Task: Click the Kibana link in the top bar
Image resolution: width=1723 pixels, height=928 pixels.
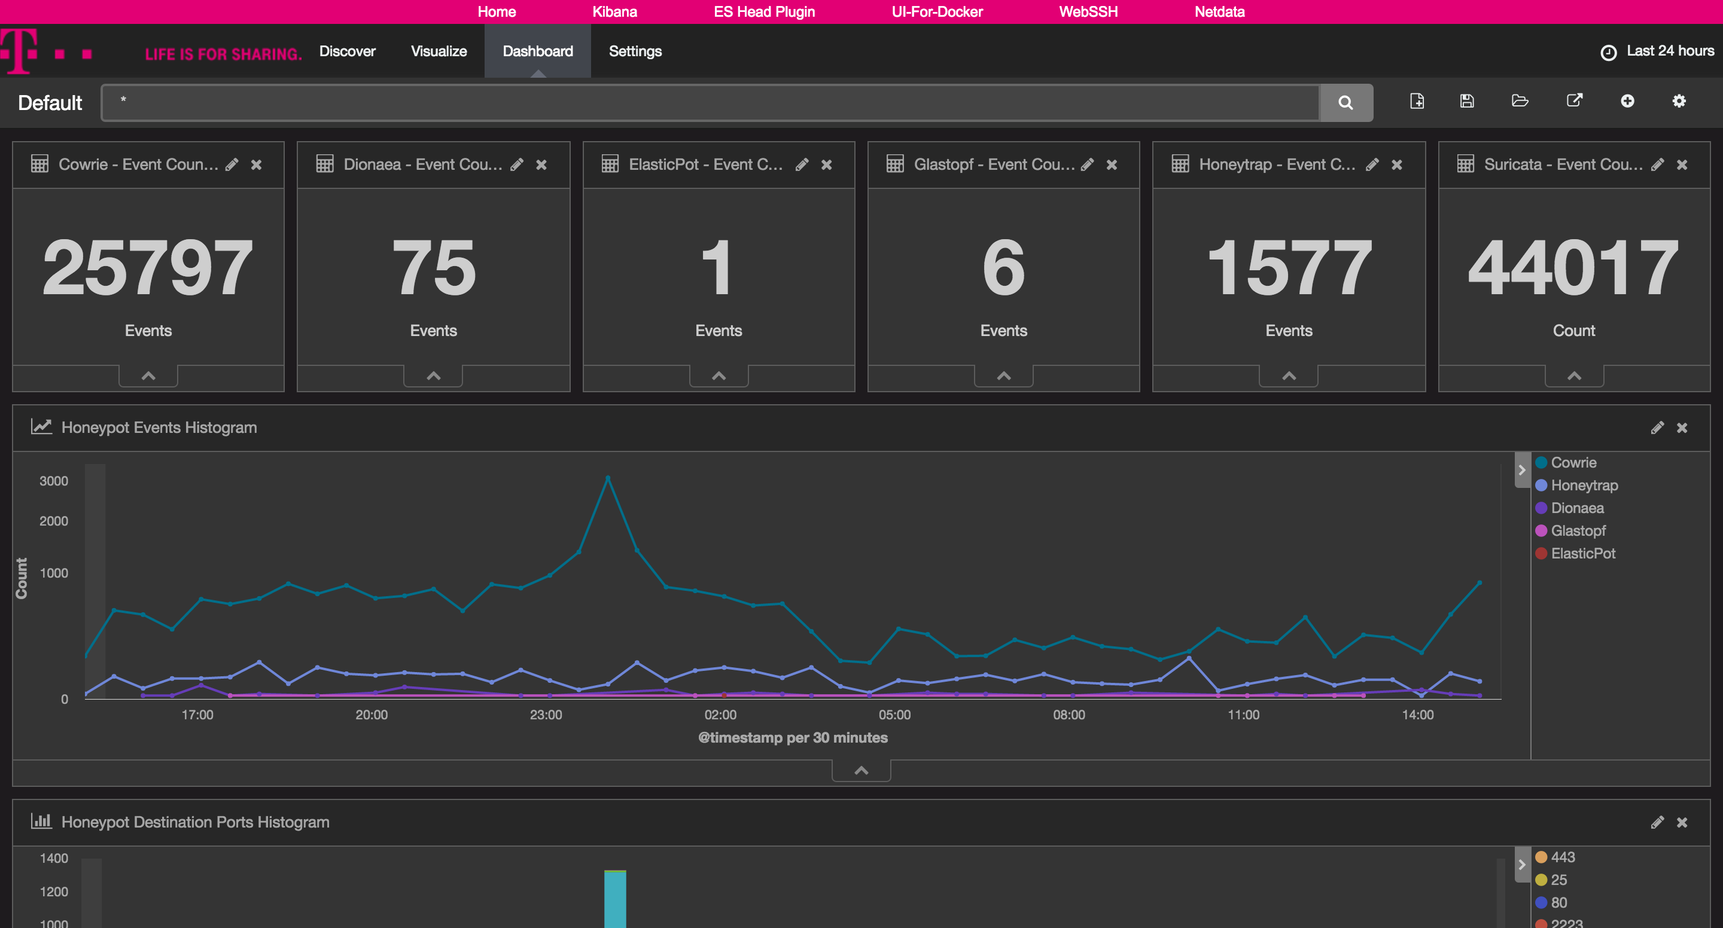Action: (x=614, y=11)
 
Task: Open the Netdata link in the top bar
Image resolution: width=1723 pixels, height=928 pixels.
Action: (x=1219, y=11)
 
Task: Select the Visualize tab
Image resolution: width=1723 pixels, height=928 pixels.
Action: (x=438, y=51)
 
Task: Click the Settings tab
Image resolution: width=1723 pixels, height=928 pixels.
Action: (x=635, y=51)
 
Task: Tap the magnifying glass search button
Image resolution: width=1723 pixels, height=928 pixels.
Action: (x=1345, y=102)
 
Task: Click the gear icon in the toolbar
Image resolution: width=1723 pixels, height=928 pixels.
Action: (x=1679, y=101)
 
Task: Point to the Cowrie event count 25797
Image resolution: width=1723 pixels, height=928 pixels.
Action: (x=148, y=267)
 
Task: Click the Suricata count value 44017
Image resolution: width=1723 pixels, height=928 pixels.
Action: (x=1573, y=267)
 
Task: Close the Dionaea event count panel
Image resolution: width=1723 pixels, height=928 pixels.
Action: (x=541, y=164)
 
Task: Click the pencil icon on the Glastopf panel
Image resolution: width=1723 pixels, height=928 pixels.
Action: (x=1087, y=164)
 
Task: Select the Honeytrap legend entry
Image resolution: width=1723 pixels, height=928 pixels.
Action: (x=1583, y=486)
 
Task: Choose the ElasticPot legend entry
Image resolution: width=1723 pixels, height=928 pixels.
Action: (x=1582, y=554)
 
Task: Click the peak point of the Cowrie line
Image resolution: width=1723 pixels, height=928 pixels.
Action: (x=607, y=478)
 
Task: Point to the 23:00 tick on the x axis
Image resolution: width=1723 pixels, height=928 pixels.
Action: (x=546, y=714)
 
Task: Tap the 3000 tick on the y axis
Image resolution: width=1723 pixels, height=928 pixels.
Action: (x=53, y=481)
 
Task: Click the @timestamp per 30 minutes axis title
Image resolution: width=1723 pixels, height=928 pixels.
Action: (x=793, y=737)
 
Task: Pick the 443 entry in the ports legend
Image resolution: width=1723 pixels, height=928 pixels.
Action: (x=1563, y=857)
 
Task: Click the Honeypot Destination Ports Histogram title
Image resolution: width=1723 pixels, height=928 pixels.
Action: (x=194, y=822)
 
